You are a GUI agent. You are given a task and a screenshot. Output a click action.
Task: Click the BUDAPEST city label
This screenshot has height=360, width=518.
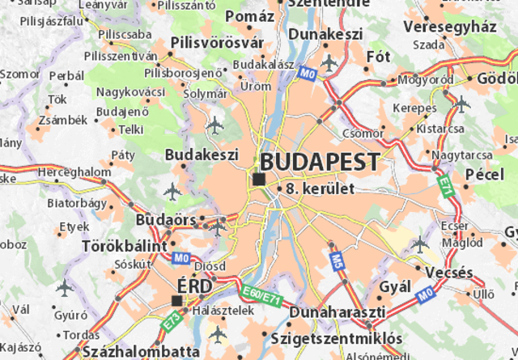tap(320, 161)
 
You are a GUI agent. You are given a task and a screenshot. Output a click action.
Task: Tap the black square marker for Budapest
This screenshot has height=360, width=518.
tap(258, 179)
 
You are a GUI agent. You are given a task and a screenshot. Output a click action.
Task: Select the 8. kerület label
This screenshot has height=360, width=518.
tap(321, 188)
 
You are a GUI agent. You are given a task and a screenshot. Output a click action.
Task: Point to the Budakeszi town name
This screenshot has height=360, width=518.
tap(201, 154)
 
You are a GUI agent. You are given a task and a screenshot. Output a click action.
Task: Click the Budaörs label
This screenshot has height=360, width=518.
tap(167, 220)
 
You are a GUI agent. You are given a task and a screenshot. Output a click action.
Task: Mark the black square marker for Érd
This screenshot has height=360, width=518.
tap(177, 300)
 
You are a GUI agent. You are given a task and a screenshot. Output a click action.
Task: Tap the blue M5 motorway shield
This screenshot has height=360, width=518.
tap(336, 260)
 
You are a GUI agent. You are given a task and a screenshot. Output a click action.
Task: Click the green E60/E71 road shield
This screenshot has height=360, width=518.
tap(261, 295)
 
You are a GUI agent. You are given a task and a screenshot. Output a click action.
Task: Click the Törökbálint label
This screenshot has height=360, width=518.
tap(125, 244)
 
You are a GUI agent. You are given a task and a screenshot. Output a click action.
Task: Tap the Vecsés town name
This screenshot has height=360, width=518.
tap(448, 273)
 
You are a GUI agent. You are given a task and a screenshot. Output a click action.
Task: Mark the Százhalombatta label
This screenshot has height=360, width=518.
tap(140, 352)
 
